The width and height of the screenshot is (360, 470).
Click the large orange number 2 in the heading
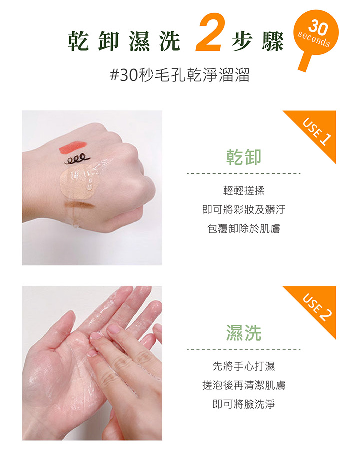click(x=209, y=32)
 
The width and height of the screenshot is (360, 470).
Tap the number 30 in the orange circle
click(x=318, y=27)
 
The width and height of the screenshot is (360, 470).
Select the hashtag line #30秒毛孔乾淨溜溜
click(x=180, y=75)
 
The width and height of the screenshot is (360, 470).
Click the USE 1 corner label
click(x=317, y=131)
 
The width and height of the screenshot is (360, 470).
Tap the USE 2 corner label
click(x=317, y=307)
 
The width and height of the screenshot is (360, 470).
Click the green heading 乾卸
click(x=244, y=157)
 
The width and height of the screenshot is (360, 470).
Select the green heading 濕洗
click(x=244, y=332)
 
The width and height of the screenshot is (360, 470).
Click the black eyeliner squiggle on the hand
click(x=77, y=160)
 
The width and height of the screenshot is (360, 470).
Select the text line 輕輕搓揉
click(x=244, y=190)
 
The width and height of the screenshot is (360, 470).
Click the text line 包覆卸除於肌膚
click(x=244, y=229)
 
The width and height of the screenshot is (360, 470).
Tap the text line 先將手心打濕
click(x=244, y=366)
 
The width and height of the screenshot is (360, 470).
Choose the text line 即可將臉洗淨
click(x=244, y=404)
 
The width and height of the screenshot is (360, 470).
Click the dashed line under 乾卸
click(x=244, y=174)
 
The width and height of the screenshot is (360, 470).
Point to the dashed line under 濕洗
click(x=244, y=349)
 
